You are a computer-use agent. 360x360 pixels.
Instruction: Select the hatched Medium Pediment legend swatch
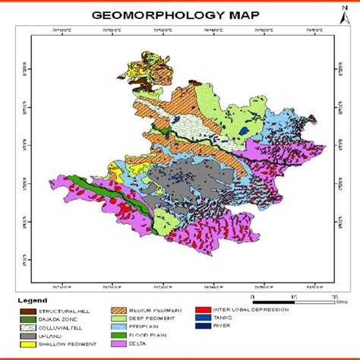click(120, 310)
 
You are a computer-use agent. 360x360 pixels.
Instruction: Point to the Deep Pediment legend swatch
click(120, 318)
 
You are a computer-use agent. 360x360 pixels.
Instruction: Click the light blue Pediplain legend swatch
click(120, 327)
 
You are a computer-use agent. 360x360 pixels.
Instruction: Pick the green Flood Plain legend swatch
click(120, 335)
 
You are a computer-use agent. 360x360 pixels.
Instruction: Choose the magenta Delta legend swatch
click(120, 343)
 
